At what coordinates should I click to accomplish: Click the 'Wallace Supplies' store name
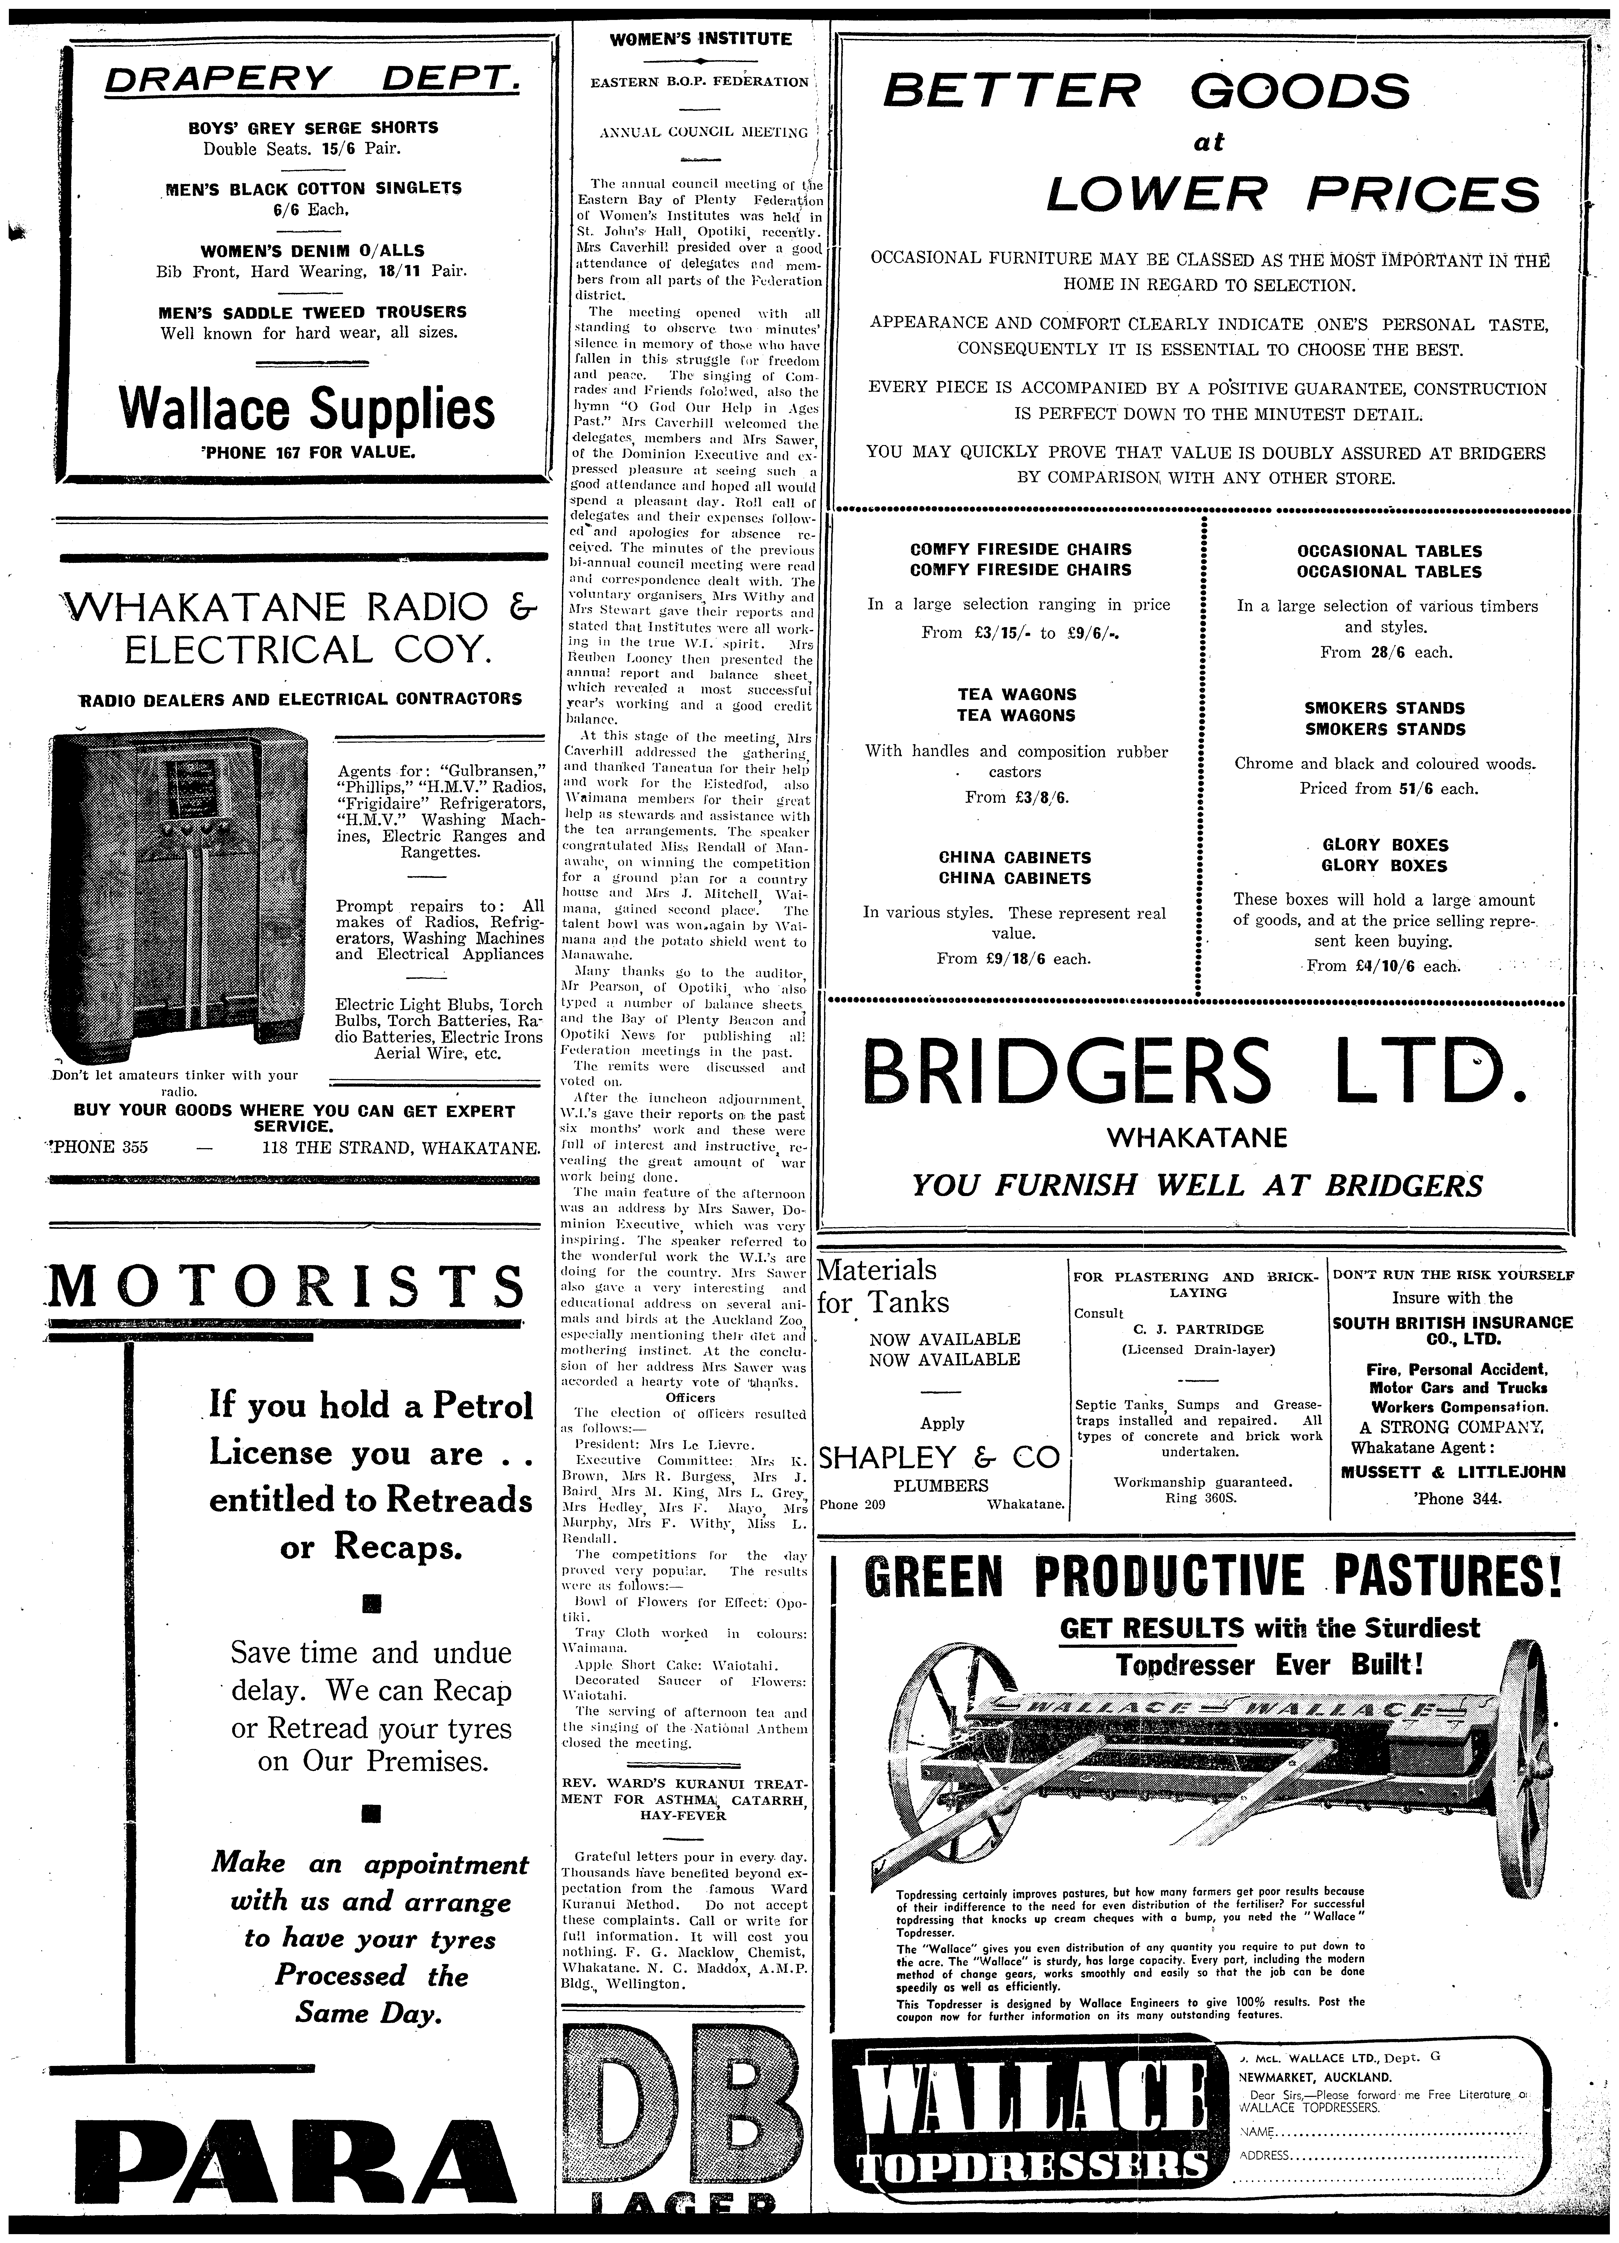(x=306, y=408)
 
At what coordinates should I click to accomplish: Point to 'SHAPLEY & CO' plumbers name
(x=940, y=1457)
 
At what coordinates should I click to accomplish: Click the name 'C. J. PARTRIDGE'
(x=1197, y=1329)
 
